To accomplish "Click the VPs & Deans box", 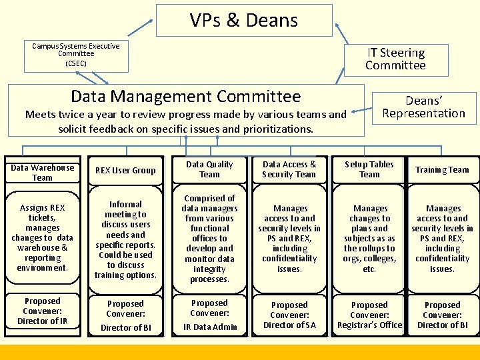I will click(x=244, y=20).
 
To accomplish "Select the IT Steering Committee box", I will click(x=395, y=59).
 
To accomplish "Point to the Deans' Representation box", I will click(x=423, y=107).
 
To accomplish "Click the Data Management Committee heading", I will click(x=185, y=97).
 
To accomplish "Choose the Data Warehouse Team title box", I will click(x=42, y=173).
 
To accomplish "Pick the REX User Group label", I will click(x=125, y=170).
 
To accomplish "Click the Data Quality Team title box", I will click(x=209, y=169).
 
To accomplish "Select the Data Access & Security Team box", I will click(x=289, y=169).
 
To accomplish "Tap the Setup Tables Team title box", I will click(x=369, y=169).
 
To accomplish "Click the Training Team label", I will click(x=442, y=169).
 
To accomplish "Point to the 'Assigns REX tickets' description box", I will click(x=42, y=239).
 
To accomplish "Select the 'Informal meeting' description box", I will click(x=125, y=240).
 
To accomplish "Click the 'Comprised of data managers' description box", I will click(x=209, y=239).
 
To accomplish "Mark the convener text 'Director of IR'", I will click(x=42, y=321).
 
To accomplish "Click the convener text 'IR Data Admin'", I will click(x=209, y=327).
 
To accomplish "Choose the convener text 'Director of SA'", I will click(x=289, y=325).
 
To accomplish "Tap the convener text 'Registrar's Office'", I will click(x=369, y=325).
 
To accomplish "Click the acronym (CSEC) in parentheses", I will click(x=76, y=63).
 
